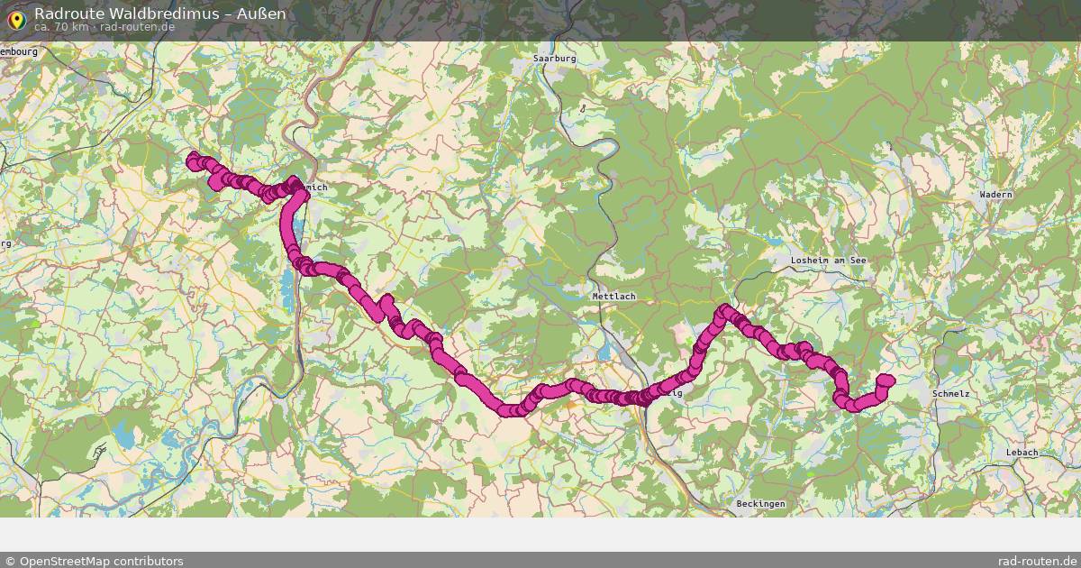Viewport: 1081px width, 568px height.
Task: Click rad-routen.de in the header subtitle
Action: tap(137, 27)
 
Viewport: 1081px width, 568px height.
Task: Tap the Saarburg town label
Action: tap(554, 59)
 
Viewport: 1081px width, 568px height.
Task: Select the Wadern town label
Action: tap(996, 195)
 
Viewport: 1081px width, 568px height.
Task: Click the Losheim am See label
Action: tap(827, 261)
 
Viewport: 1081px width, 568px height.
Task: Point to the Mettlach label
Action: tap(613, 297)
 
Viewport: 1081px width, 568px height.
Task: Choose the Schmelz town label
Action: tap(950, 394)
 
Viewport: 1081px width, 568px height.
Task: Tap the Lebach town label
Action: tap(1022, 453)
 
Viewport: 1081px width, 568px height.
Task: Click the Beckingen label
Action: tap(760, 503)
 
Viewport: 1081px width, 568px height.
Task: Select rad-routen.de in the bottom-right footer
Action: tap(1037, 561)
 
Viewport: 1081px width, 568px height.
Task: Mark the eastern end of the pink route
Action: tap(886, 380)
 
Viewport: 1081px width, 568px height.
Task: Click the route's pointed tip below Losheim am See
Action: tap(723, 311)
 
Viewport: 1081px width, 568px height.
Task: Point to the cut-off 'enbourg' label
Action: tap(19, 52)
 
